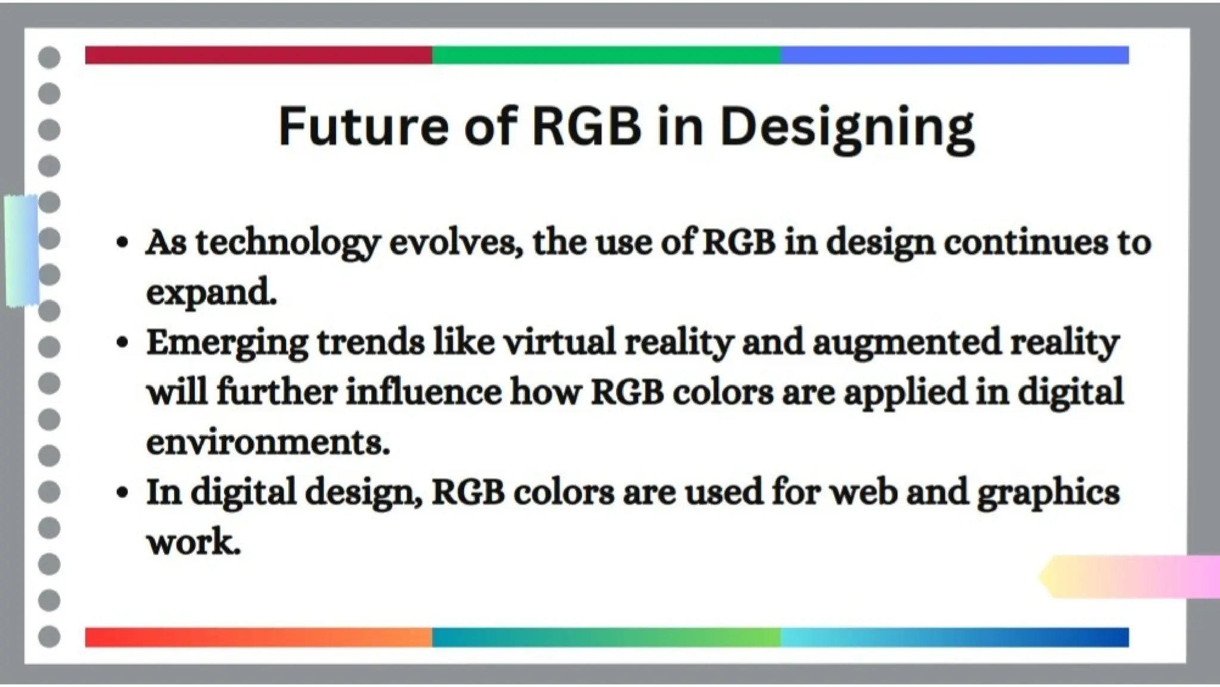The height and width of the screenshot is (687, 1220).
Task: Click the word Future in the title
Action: [x=363, y=126]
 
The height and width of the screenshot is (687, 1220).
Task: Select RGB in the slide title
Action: [x=587, y=126]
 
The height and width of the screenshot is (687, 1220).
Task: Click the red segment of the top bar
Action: [x=258, y=55]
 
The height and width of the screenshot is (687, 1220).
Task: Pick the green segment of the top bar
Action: [x=606, y=55]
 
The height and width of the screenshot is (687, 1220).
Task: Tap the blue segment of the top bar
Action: [x=954, y=55]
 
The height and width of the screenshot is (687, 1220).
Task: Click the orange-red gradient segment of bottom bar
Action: [x=258, y=637]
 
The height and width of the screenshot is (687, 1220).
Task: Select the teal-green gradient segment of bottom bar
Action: [x=606, y=637]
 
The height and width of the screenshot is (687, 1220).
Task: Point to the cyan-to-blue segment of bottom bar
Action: [x=954, y=637]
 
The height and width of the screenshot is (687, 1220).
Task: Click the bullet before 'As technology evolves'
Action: [x=123, y=243]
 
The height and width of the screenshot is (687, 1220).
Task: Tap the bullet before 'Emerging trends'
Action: [x=123, y=343]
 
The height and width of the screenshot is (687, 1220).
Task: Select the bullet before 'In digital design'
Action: [x=123, y=493]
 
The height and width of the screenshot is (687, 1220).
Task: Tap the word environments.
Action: [x=267, y=442]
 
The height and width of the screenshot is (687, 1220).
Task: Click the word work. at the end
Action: [x=194, y=541]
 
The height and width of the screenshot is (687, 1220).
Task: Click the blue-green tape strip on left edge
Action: [x=22, y=250]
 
